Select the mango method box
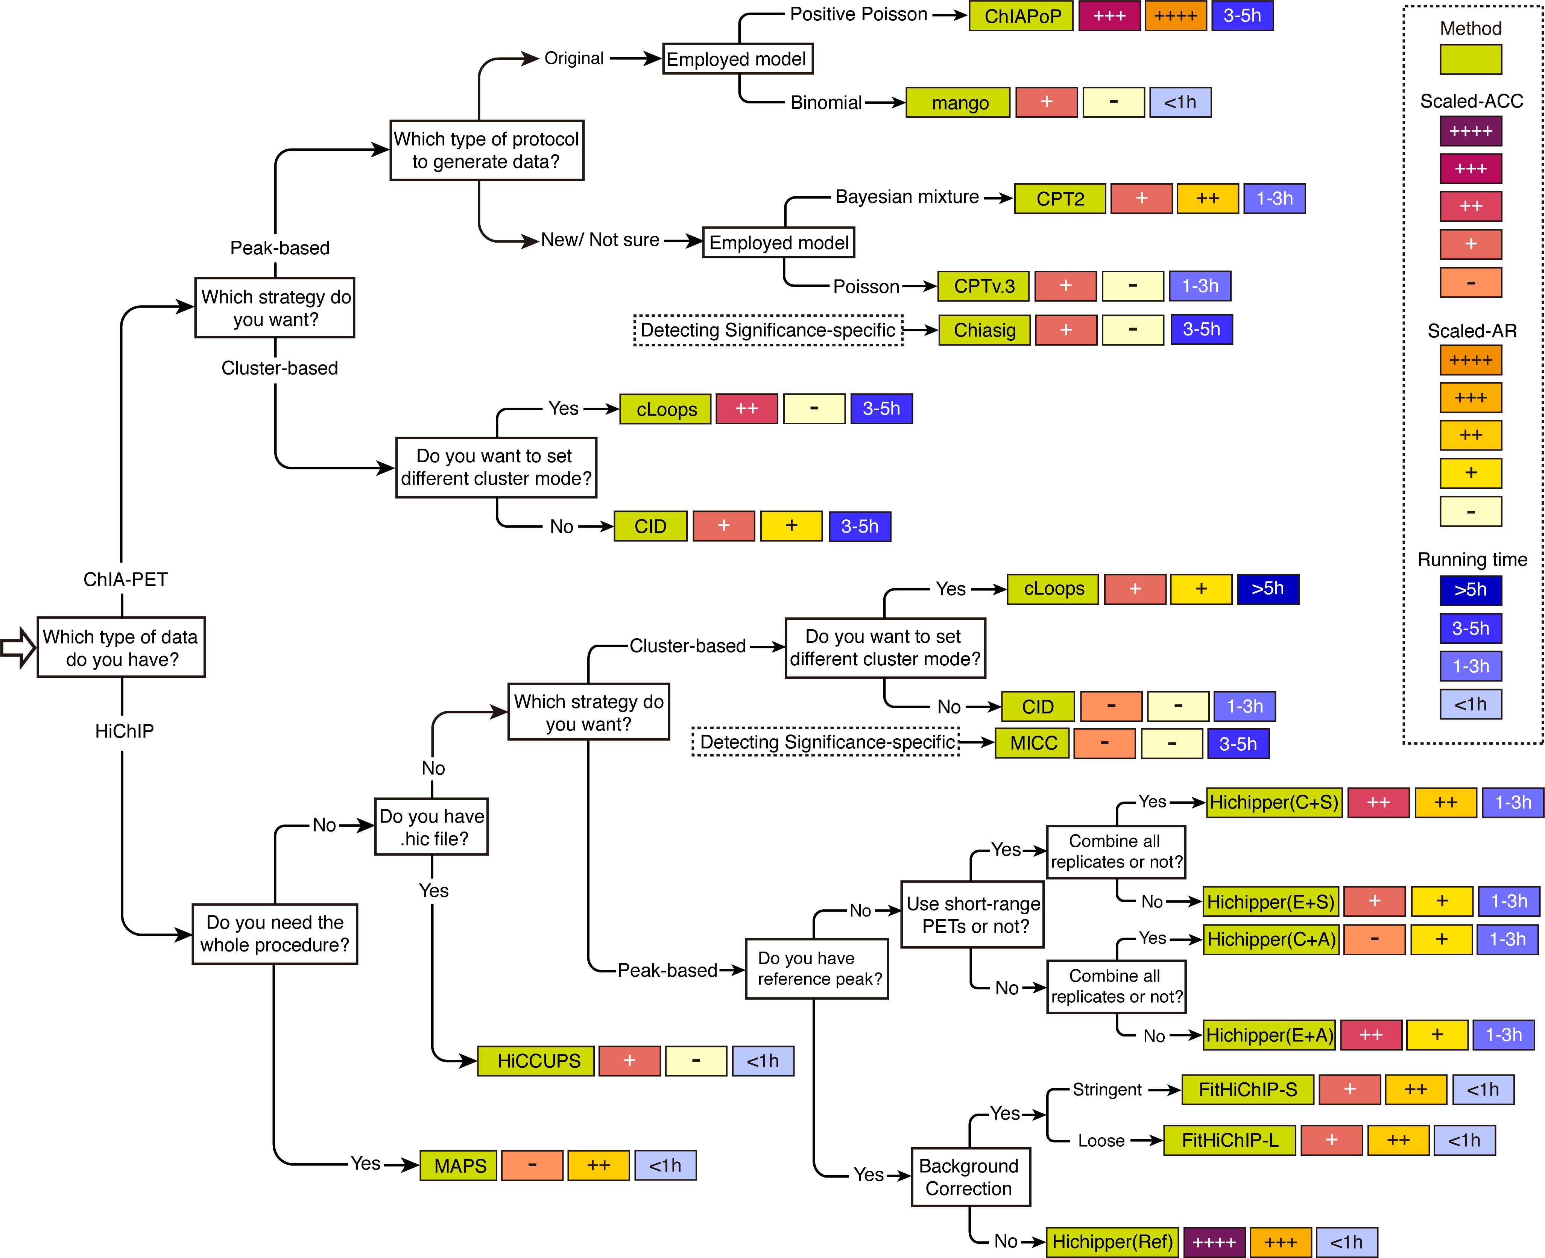coord(958,102)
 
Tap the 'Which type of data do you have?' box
coord(121,647)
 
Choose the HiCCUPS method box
coord(536,1061)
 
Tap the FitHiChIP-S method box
coord(1247,1089)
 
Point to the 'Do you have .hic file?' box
coord(431,827)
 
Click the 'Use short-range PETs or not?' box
coord(972,915)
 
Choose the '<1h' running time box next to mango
coord(1180,102)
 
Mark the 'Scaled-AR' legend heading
coord(1472,331)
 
